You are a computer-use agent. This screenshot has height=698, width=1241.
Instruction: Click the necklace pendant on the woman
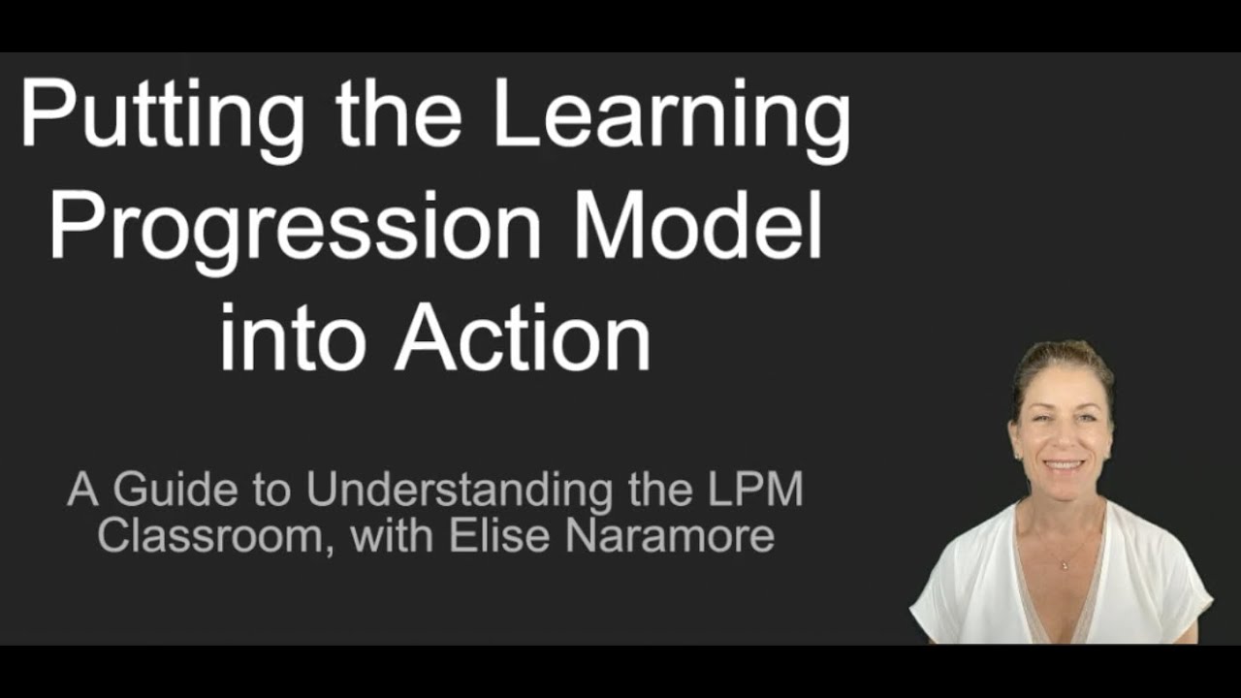point(1064,565)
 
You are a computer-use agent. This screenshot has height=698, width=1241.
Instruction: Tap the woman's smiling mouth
point(1064,464)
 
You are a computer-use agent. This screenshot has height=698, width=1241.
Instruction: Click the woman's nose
point(1063,441)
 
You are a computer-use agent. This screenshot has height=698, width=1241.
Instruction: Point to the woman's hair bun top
point(1061,349)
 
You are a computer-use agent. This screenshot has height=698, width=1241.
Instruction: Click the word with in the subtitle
point(398,535)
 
